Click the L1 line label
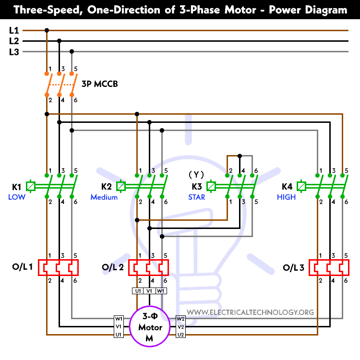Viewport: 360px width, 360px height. (x=14, y=30)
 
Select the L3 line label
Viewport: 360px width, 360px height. (x=14, y=52)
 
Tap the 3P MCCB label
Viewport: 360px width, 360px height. (x=100, y=84)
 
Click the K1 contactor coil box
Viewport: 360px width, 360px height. (x=31, y=186)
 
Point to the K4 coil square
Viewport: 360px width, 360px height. (x=301, y=186)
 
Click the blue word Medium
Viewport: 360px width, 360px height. (x=104, y=197)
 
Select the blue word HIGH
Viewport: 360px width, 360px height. (x=286, y=197)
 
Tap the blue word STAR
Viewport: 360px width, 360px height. (x=196, y=197)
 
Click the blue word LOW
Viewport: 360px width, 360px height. (x=17, y=197)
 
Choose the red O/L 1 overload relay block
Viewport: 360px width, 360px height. (x=58, y=267)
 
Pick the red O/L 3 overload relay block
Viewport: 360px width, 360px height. (x=329, y=267)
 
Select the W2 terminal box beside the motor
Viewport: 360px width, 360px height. (x=180, y=319)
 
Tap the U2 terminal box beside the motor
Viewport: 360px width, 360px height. (x=180, y=334)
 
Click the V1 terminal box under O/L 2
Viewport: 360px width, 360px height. (x=149, y=291)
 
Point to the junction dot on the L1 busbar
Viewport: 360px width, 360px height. (x=47, y=30)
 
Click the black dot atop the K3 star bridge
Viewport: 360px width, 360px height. (x=240, y=156)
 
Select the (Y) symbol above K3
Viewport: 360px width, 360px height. (x=196, y=175)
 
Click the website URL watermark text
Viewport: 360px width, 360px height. (x=250, y=312)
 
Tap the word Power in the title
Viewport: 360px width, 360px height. (x=285, y=10)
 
